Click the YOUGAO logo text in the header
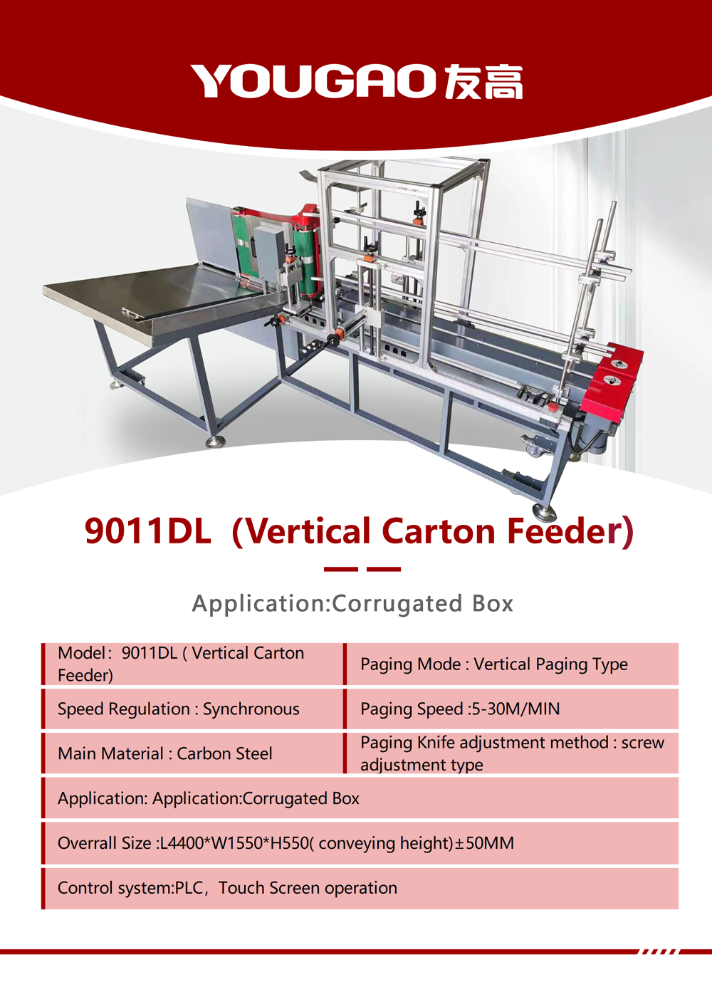click(x=313, y=81)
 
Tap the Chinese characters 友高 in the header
click(x=483, y=81)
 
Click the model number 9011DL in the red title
click(x=148, y=531)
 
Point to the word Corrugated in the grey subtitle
click(x=397, y=605)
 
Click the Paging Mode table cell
click(x=512, y=664)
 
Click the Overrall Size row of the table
click(x=360, y=843)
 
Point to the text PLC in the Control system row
click(x=189, y=888)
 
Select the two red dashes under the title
click(x=362, y=569)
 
